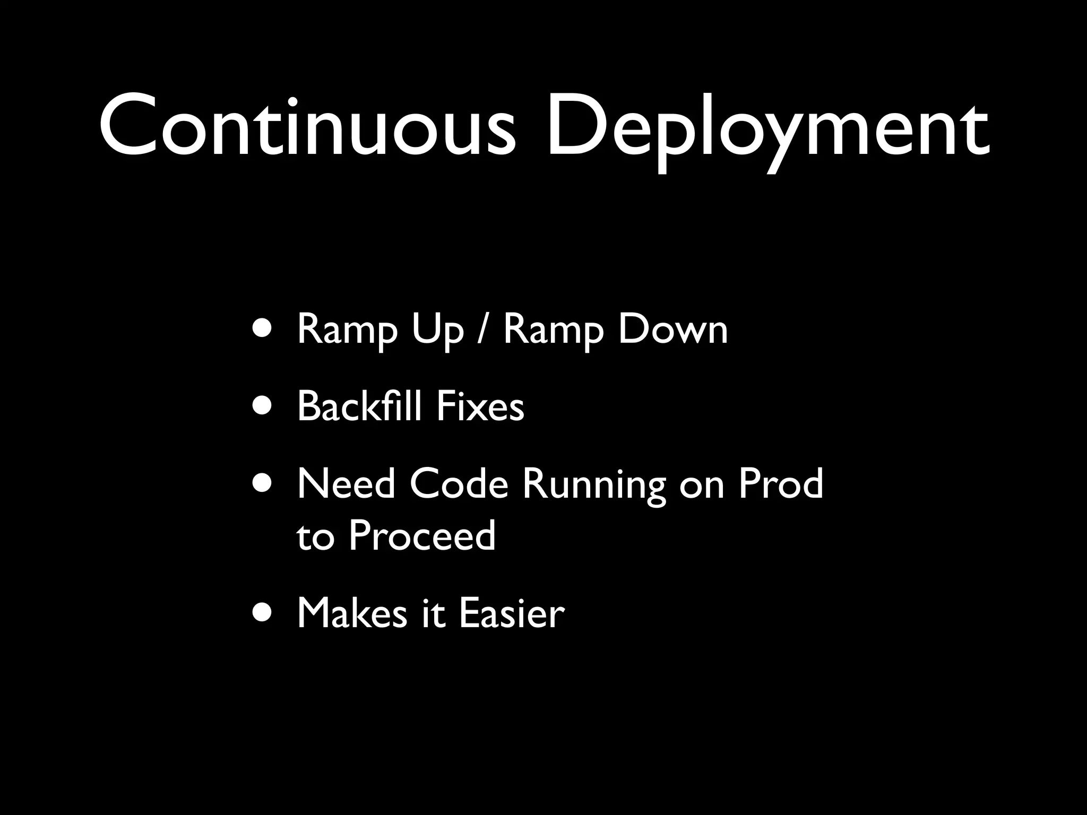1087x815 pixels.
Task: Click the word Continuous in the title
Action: (307, 127)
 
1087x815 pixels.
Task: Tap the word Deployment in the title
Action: (767, 130)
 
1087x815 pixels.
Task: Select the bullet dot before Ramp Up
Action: (264, 328)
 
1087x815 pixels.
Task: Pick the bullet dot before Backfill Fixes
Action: (264, 406)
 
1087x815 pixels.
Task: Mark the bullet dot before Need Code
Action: (264, 483)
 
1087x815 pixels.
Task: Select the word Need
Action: (346, 483)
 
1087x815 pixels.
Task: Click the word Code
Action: (459, 483)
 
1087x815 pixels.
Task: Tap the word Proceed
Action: (422, 535)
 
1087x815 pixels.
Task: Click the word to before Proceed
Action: (315, 536)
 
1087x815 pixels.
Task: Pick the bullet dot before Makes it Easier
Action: (264, 613)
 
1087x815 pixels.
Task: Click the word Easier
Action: (511, 613)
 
